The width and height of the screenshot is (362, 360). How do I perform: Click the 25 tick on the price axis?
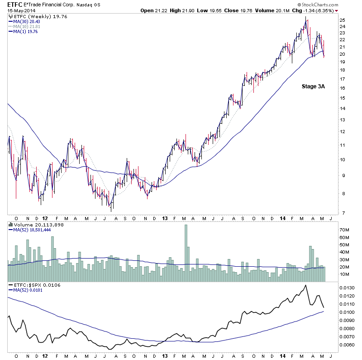[x=343, y=20]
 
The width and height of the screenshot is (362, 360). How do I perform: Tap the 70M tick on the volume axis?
[x=345, y=230]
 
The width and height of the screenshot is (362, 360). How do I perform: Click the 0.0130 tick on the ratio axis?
[x=347, y=288]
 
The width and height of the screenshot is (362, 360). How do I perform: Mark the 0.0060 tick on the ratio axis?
[x=347, y=345]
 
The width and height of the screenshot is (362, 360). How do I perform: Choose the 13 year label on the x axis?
[x=164, y=217]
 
